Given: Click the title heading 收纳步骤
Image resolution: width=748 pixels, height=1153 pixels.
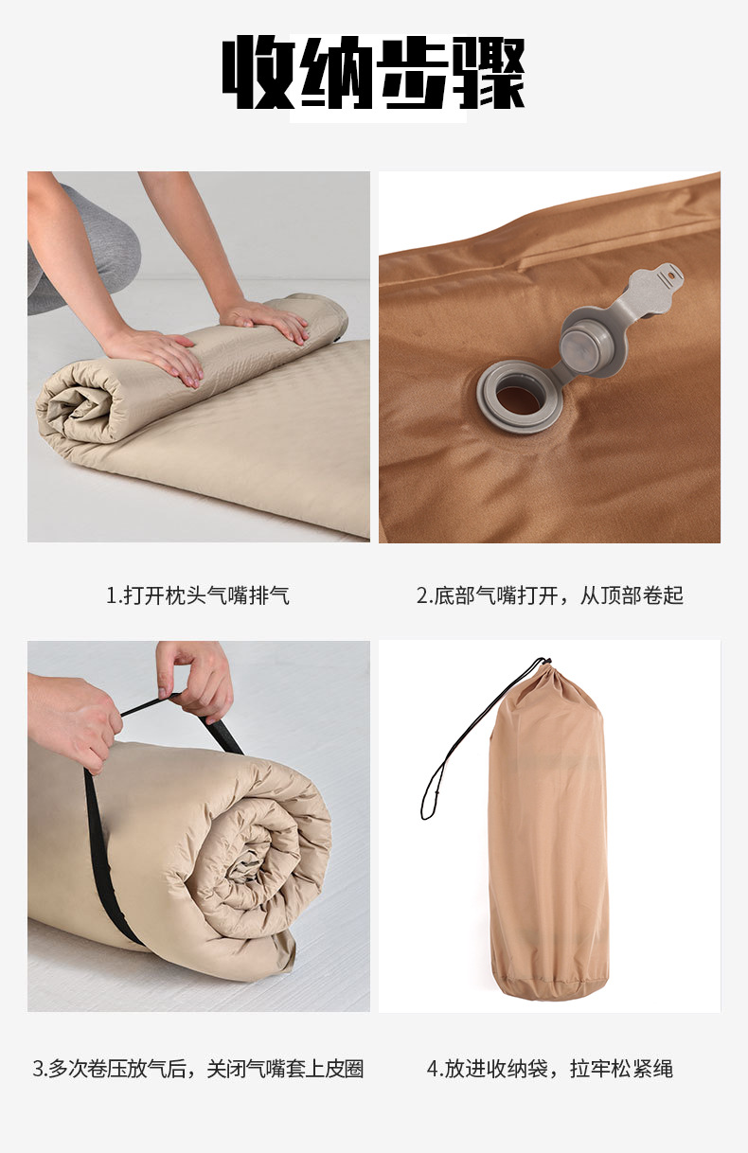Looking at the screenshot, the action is click(x=373, y=72).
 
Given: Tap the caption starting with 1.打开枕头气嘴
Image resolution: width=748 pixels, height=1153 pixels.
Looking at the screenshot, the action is click(x=198, y=595).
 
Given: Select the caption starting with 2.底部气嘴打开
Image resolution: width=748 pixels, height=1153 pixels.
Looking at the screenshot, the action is click(x=550, y=595).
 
